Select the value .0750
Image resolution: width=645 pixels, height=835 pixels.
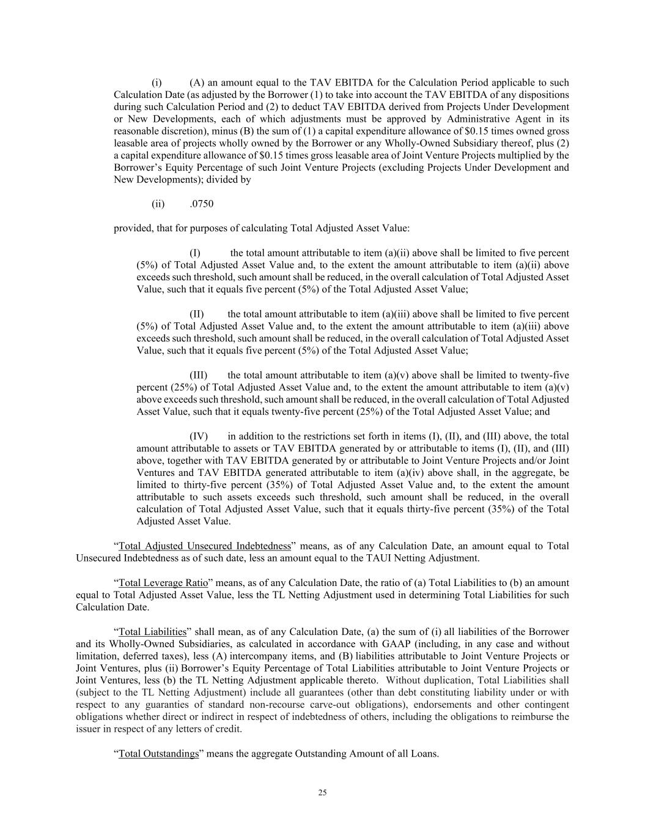202,204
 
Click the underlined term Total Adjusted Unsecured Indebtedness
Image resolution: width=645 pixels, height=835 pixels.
204,546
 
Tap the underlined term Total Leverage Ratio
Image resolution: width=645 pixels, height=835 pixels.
163,582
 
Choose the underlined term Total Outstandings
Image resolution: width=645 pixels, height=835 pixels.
158,753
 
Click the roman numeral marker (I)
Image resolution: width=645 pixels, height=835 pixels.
195,253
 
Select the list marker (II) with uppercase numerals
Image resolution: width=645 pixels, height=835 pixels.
196,314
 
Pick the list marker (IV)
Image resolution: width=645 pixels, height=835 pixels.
199,436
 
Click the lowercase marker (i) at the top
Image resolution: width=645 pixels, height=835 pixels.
157,83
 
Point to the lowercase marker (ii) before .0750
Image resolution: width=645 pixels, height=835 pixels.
158,204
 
